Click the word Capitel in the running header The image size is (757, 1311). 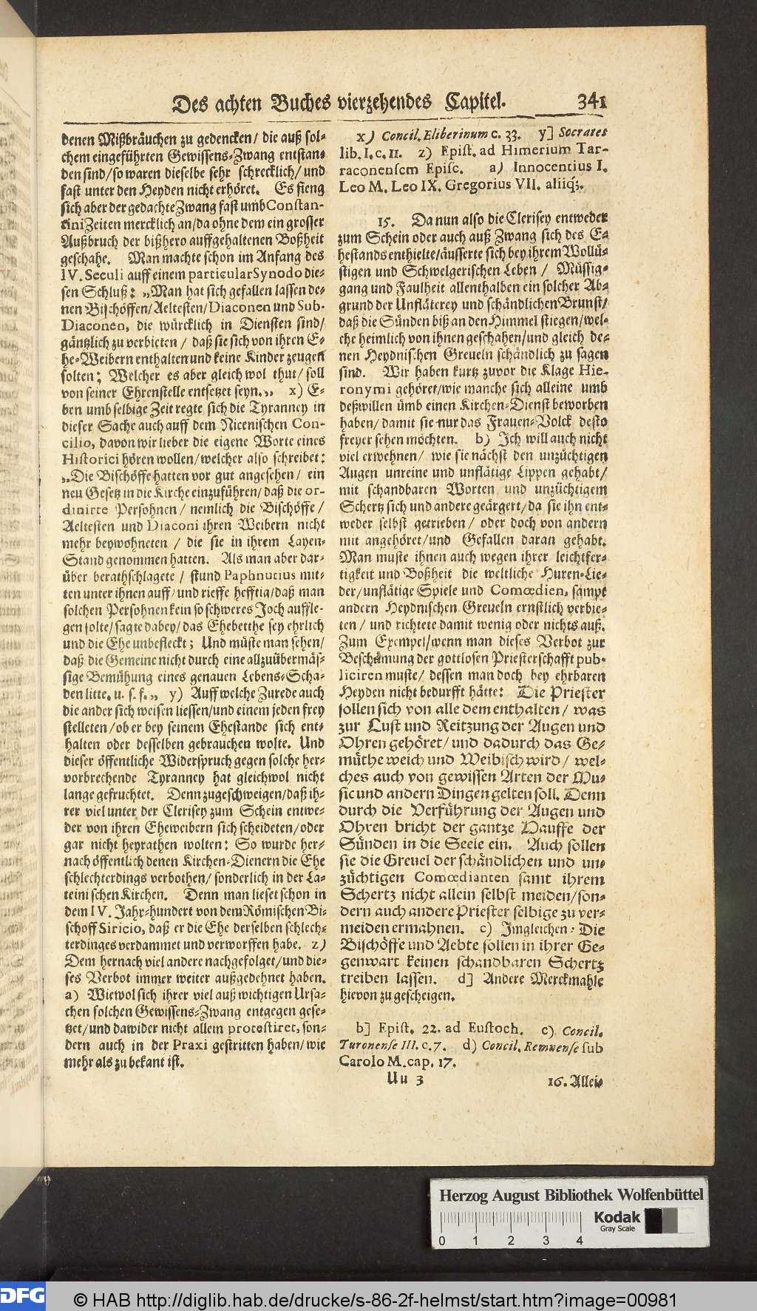coord(464,101)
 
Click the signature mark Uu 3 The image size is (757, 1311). coord(404,1081)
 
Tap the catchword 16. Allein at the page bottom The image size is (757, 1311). coord(575,1082)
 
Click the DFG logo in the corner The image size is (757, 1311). coord(23,1295)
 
